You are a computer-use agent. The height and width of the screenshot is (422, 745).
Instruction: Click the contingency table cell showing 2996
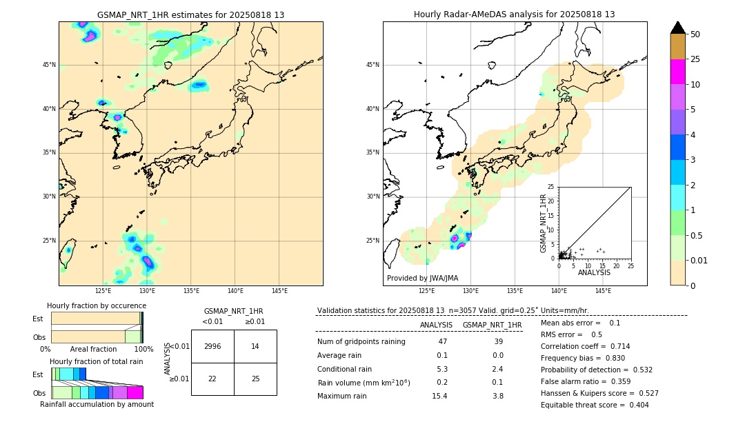[212, 346]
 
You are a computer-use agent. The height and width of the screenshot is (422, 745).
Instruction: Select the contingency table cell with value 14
[255, 346]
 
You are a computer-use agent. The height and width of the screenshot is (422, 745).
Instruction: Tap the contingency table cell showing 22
[212, 379]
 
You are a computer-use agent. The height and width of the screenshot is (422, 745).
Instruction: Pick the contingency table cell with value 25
[255, 379]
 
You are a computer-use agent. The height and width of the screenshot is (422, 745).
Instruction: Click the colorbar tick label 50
[695, 34]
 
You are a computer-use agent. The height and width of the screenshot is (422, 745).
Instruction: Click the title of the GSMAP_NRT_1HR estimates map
[190, 14]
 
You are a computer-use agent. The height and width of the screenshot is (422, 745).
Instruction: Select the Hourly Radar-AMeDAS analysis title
[515, 14]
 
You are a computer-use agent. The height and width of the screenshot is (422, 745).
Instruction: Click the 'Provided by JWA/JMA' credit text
[422, 279]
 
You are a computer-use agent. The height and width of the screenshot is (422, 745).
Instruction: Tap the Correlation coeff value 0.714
[615, 346]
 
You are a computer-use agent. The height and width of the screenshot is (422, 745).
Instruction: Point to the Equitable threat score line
[595, 405]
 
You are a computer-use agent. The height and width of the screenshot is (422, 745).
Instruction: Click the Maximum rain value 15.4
[439, 396]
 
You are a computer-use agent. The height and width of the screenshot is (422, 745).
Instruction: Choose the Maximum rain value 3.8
[497, 396]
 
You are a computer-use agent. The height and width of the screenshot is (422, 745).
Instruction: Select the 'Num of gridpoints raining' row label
[361, 342]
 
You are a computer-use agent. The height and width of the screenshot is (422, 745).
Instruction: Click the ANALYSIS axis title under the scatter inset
[594, 272]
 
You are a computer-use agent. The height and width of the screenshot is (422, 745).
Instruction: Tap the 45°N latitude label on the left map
[49, 65]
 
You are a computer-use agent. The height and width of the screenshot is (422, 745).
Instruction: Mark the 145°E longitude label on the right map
[603, 291]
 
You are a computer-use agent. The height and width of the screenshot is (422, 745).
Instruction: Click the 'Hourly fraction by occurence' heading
[97, 305]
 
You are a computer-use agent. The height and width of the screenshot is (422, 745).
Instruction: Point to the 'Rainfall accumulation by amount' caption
[97, 405]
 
